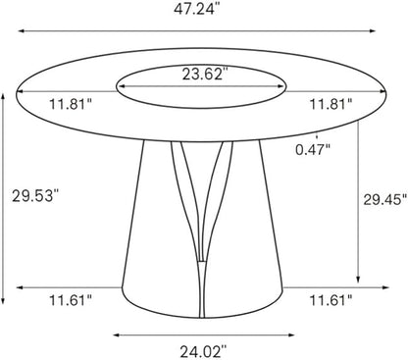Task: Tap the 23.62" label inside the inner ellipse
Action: pyautogui.click(x=204, y=73)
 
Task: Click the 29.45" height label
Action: pyautogui.click(x=379, y=200)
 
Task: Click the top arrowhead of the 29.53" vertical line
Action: pyautogui.click(x=8, y=96)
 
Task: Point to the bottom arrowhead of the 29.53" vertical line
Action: pyautogui.click(x=8, y=299)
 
